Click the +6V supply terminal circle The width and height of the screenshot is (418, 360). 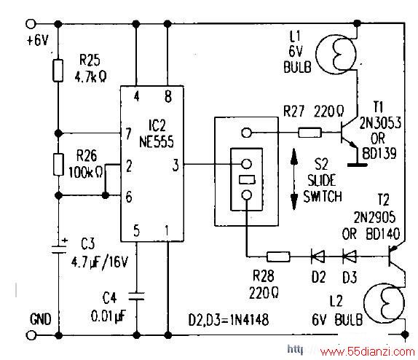point(31,24)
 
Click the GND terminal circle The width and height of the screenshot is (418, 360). point(31,335)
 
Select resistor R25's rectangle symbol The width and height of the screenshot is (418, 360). point(58,71)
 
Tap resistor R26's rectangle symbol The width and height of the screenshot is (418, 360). point(58,165)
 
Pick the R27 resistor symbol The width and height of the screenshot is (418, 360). point(309,133)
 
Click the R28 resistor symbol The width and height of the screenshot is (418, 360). point(278,257)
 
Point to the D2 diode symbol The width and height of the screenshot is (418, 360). point(318,257)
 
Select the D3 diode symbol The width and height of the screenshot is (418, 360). point(349,257)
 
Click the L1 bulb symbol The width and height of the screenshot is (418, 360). point(336,54)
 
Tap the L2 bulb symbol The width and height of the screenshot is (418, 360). point(385,303)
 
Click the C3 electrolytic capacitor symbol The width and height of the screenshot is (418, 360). point(59,246)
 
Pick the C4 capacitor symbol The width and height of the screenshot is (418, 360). point(136,296)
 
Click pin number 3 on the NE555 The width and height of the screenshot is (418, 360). point(176,165)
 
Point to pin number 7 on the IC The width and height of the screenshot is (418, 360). point(128,133)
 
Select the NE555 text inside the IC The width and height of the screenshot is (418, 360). point(157,141)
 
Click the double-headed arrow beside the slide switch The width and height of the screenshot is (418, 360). point(294,179)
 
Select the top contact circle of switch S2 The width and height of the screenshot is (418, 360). point(246,133)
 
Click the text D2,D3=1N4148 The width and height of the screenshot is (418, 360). point(229,319)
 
